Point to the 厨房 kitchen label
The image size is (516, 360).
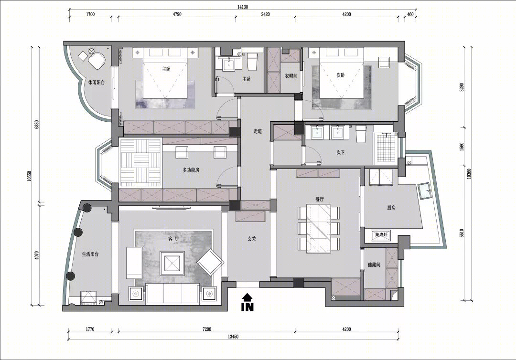391,208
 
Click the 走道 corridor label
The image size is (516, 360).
258,131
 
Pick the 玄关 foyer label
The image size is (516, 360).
252,239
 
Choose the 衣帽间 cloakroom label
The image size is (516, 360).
291,76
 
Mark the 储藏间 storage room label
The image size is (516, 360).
374,265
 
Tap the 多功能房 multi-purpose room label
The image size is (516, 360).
191,170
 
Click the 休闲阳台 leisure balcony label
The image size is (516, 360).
97,83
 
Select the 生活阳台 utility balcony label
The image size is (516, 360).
90,254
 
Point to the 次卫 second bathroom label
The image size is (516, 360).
340,153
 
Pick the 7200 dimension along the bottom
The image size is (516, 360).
207,329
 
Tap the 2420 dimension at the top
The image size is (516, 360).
265,14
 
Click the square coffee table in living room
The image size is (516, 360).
172,264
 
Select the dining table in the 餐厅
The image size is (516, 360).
319,229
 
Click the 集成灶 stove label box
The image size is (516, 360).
381,235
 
